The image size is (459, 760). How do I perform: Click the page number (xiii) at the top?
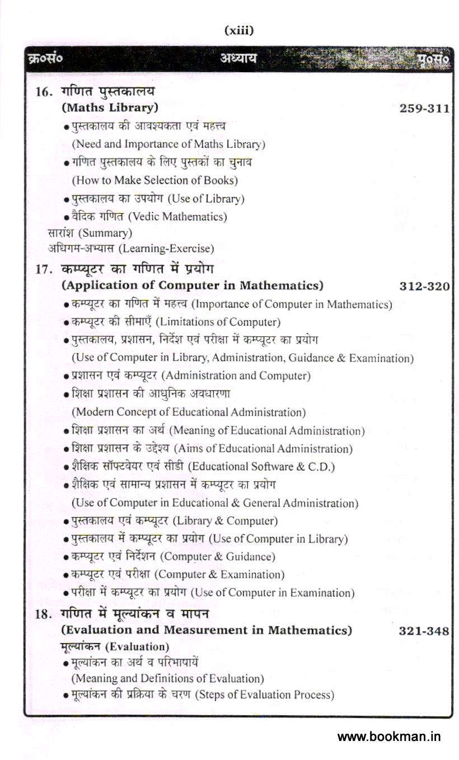239,31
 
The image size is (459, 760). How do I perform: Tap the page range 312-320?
424,287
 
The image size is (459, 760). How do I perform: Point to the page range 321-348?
424,631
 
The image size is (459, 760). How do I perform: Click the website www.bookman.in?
388,736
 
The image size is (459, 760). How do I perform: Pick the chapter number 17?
44,269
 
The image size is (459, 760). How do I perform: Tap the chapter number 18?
44,614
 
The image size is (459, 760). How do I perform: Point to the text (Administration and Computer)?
236,376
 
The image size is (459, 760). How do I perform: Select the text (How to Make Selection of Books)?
154,180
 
